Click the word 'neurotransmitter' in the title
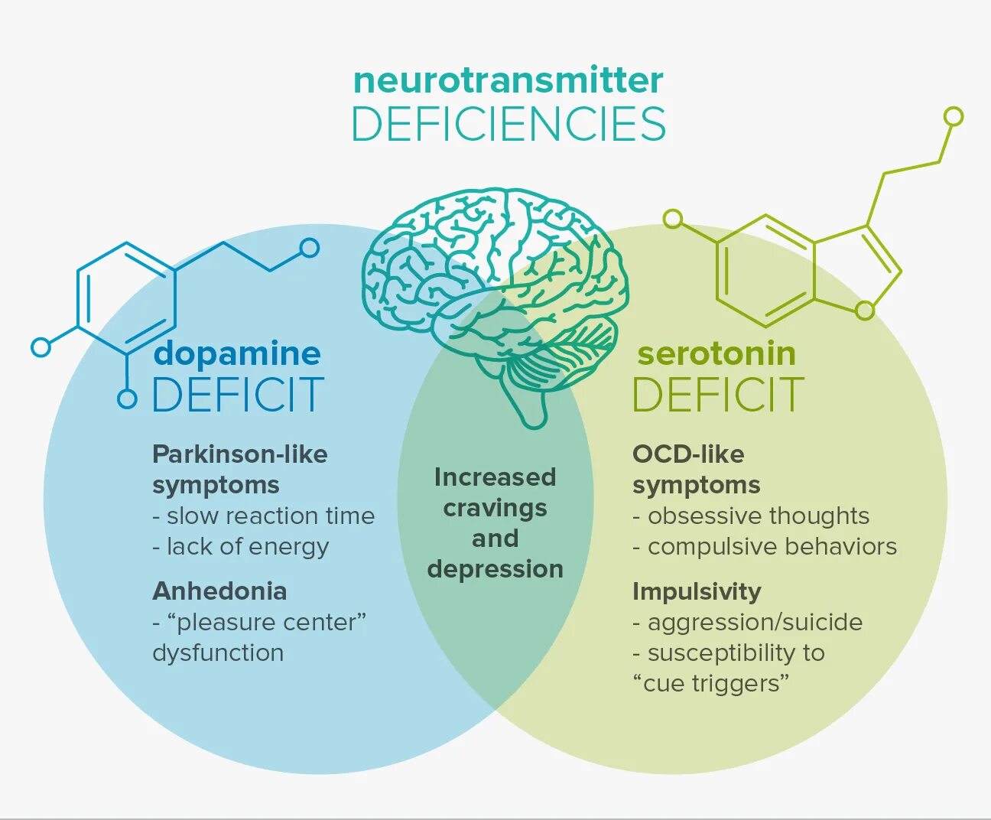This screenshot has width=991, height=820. click(508, 80)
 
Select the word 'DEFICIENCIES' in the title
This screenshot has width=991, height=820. click(508, 125)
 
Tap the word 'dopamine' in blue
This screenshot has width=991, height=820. click(237, 353)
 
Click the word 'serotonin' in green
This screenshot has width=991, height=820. click(716, 353)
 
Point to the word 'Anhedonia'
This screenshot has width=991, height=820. click(219, 591)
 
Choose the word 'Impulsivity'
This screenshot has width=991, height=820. click(697, 591)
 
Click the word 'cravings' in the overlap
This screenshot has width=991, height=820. click(495, 508)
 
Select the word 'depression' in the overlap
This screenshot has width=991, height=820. click(495, 569)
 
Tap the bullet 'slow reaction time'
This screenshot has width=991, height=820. click(270, 516)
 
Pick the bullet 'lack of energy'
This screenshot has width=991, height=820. click(247, 547)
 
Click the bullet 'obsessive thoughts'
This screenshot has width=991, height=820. click(758, 516)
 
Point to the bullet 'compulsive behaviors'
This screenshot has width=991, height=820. click(772, 547)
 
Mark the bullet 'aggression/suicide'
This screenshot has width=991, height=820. click(755, 623)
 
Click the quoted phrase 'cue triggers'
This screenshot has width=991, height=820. click(710, 683)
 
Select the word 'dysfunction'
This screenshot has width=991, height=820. click(218, 653)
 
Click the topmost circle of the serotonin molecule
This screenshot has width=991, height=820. click(953, 116)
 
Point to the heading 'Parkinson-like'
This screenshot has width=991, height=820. click(240, 454)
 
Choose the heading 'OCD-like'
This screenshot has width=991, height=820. click(688, 454)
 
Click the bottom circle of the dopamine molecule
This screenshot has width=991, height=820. click(127, 399)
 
